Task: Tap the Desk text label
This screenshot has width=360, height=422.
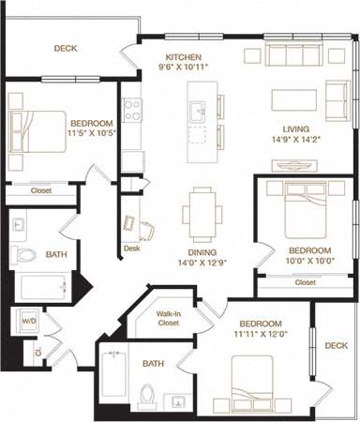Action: coord(130,249)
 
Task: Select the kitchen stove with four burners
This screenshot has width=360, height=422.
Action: coord(132,110)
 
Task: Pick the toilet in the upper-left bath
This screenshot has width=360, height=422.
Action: coord(25,253)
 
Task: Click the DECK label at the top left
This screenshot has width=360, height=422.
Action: coord(65,48)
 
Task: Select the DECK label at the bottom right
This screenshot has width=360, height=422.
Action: coord(335,345)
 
